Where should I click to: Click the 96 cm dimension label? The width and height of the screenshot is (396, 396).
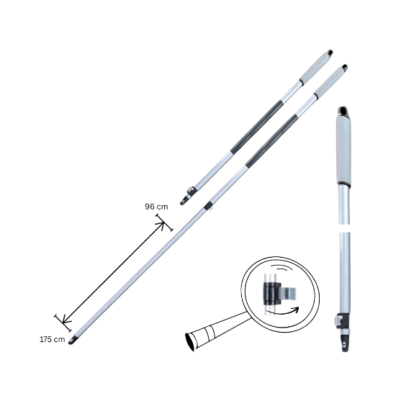coord(156,207)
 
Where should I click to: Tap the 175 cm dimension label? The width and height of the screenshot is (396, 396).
coord(53,338)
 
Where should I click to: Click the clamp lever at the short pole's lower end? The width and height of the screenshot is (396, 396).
coord(190,192)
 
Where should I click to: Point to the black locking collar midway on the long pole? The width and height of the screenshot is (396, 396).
coord(208,206)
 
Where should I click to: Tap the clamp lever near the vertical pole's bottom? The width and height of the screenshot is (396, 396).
coord(338,320)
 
